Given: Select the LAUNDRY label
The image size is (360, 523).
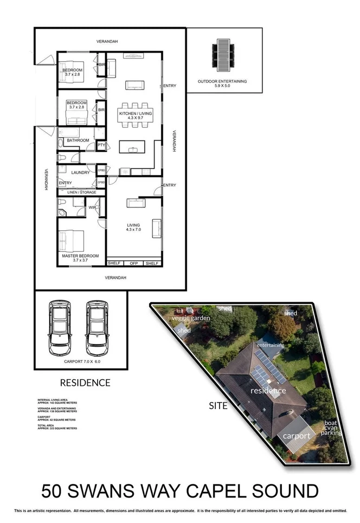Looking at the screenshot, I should click(80, 173).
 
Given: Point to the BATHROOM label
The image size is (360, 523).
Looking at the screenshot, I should click(78, 141).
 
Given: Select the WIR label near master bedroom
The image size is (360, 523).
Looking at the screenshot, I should click(93, 207).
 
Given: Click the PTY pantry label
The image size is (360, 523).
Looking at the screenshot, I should click(101, 145).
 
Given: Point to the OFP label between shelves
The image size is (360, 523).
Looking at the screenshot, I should click(133, 264).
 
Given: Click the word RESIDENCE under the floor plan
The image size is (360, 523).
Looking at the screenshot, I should click(85, 382).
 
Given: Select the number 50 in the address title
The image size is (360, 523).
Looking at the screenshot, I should click(54, 492).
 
